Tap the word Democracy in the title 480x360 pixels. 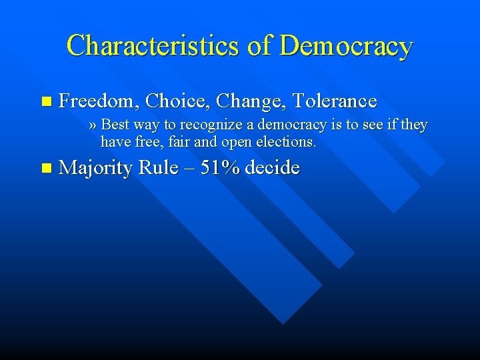click(346, 45)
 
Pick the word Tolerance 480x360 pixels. click(335, 101)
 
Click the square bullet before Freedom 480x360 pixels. click(45, 102)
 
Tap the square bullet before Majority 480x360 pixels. click(45, 168)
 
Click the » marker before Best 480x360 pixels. click(93, 125)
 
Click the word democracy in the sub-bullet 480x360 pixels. click(300, 125)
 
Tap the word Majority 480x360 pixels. click(96, 168)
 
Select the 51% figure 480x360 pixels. click(221, 167)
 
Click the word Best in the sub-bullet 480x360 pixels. click(115, 125)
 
